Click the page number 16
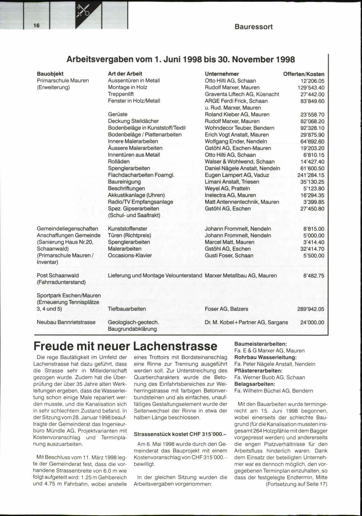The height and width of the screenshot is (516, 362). point(37,25)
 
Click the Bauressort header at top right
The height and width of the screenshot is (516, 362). point(253,27)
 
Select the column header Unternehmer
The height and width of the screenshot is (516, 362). point(222,74)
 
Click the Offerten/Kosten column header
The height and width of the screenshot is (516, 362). point(303,74)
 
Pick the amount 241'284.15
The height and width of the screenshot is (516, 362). point(311,175)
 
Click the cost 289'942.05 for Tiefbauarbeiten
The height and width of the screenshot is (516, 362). point(311,309)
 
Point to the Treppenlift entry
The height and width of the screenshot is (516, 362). point(121,94)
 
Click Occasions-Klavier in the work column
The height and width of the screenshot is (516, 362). point(130,255)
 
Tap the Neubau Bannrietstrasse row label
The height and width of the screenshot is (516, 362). point(66,322)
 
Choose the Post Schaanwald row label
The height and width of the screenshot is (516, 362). point(58,275)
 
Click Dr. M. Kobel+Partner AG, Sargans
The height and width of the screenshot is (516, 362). point(246,322)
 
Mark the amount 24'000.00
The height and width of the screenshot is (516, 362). point(312,322)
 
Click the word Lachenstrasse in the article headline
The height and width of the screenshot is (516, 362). point(175,346)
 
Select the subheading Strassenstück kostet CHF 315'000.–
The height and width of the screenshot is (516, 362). point(180,434)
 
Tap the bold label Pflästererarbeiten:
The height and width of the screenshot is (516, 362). point(258,371)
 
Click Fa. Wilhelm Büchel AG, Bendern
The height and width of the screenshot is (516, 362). point(274,390)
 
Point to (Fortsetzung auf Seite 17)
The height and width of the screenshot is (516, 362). point(296,484)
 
